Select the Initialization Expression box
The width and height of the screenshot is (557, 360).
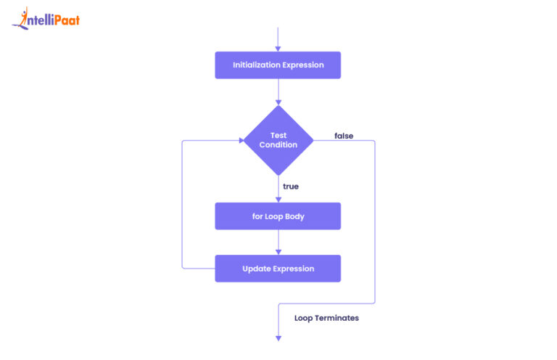(x=278, y=65)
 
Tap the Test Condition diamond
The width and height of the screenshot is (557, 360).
(x=278, y=140)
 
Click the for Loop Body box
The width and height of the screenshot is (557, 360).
(x=278, y=216)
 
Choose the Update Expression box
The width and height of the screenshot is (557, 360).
(x=278, y=269)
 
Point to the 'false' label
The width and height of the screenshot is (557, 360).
(x=344, y=136)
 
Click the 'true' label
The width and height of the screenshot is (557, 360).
(x=291, y=187)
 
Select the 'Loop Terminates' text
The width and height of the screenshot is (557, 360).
(x=326, y=318)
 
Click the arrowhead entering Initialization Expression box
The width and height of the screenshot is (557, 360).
(x=278, y=48)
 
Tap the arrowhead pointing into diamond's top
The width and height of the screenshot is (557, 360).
(x=278, y=102)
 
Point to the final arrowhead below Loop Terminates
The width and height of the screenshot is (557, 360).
(x=278, y=337)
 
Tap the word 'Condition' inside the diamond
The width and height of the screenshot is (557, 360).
(x=278, y=145)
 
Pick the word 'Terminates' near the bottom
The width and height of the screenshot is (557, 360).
(x=337, y=318)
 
